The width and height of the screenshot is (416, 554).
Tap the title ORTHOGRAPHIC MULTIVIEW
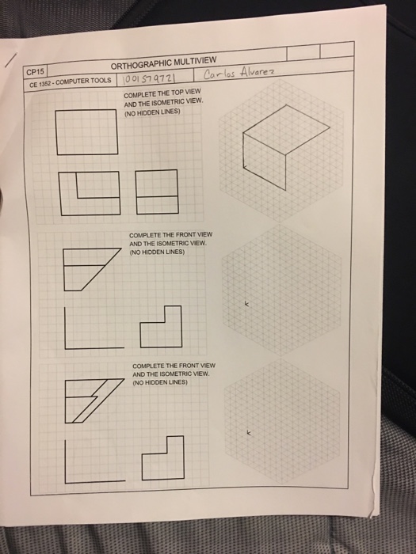click(x=158, y=66)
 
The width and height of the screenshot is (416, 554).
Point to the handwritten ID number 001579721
click(x=150, y=79)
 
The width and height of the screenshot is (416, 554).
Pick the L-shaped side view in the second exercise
click(x=161, y=324)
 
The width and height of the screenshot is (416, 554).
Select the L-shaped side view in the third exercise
click(x=161, y=459)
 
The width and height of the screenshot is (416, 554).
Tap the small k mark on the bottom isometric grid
click(x=249, y=434)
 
